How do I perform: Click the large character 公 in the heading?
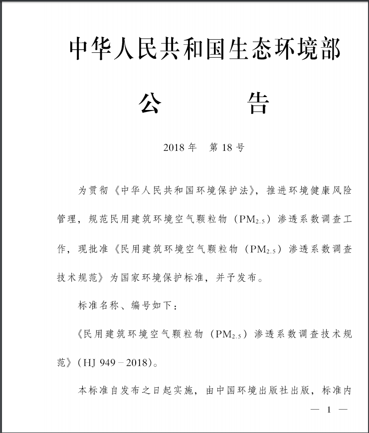point(150,104)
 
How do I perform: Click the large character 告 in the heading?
point(258,104)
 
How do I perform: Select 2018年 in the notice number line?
point(180,148)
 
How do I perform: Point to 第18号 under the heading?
point(226,148)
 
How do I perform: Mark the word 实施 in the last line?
point(185,391)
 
